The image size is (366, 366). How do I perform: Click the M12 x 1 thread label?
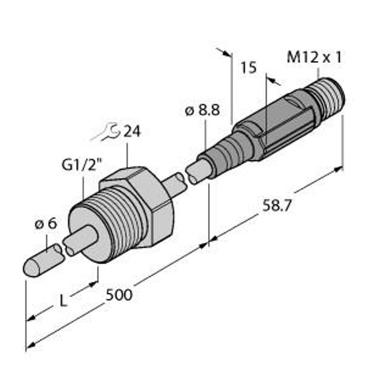point(314,57)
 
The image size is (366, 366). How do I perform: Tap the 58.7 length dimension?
point(277,206)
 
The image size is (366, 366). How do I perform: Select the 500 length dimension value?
point(119,295)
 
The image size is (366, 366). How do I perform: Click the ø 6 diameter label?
point(46,224)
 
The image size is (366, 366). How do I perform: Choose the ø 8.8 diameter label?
point(202,110)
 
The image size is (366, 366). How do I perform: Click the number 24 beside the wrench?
point(132,131)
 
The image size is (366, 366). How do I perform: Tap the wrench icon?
point(106,132)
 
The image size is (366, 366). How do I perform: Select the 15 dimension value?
point(249,68)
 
